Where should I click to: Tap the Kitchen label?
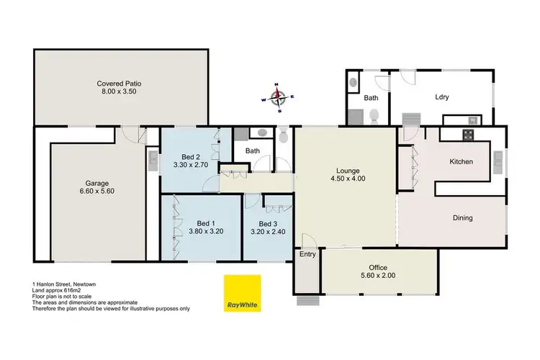click(462, 162)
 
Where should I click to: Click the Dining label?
click(462, 217)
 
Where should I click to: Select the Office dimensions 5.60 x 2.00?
click(378, 275)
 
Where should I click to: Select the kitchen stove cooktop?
click(467, 135)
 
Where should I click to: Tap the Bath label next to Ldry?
click(372, 97)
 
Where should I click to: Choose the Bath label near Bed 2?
click(252, 151)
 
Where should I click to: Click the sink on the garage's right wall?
click(153, 160)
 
